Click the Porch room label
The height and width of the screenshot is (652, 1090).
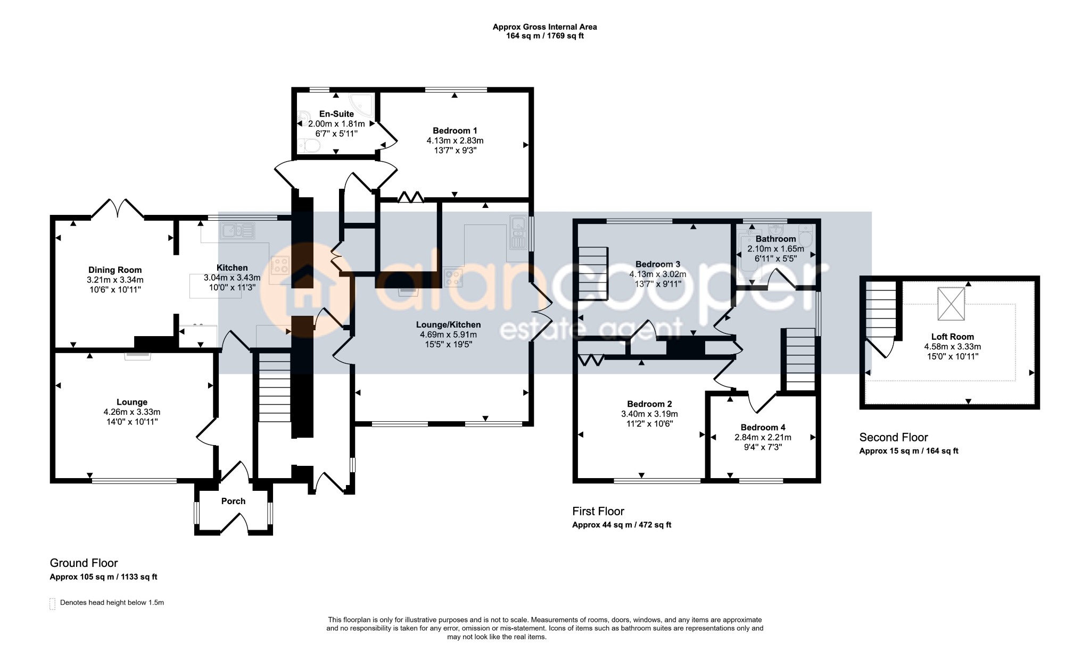pos(233,501)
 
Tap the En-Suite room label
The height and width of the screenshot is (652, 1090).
pos(336,114)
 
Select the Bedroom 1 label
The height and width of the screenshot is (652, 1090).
pos(455,131)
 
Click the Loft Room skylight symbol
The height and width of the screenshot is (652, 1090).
pos(951,304)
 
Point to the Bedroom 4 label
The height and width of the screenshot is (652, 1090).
pos(763,428)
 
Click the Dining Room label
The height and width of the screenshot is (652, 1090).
pos(115,270)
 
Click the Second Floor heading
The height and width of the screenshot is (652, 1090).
pos(894,438)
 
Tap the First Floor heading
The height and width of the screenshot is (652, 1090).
pos(598,512)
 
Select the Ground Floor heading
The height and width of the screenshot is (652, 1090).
pos(84,563)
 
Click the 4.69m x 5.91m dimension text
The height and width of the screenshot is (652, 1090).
pos(448,335)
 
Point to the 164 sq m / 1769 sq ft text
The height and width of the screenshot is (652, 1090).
pos(544,36)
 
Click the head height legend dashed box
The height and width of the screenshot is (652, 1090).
pos(52,604)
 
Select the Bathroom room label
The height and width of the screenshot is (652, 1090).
pos(775,239)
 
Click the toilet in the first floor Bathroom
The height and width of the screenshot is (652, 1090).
pos(806,238)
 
